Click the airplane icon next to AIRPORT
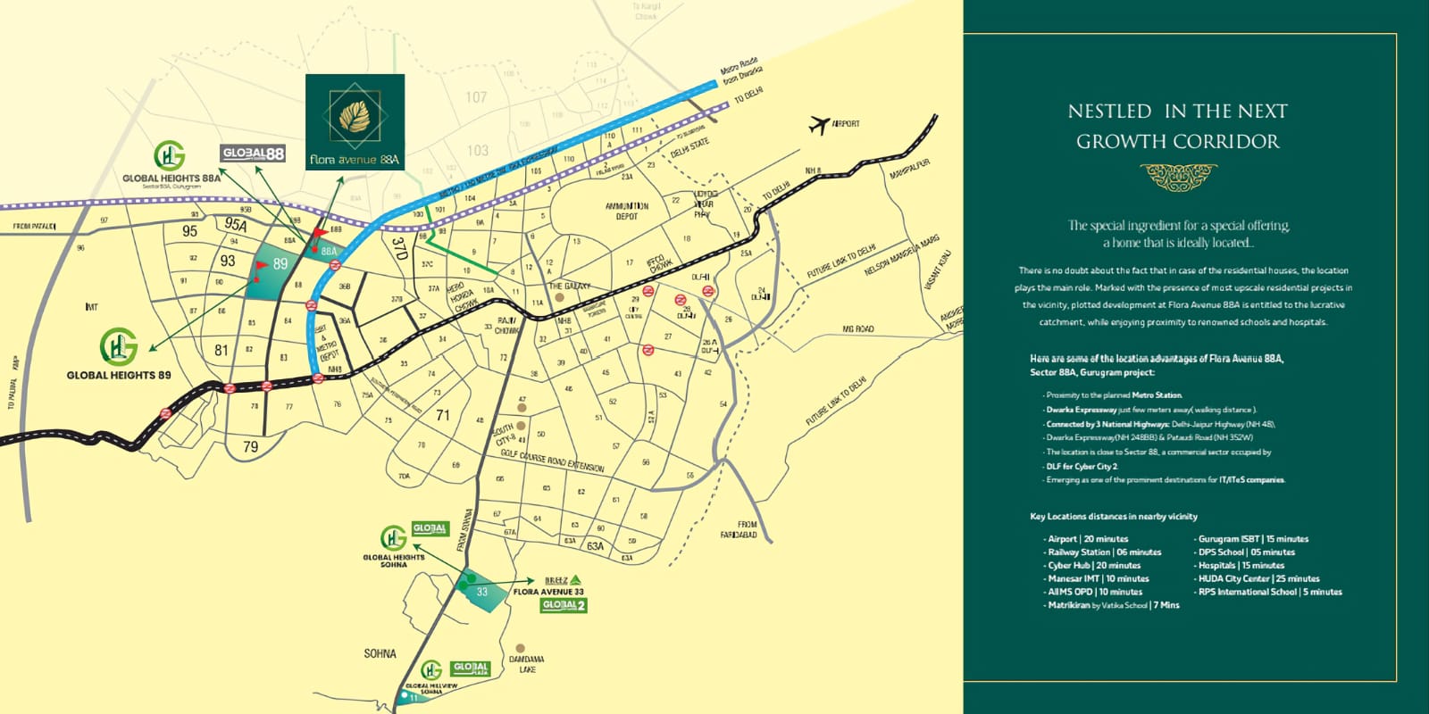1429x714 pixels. (819, 125)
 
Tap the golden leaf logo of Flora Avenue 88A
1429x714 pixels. (355, 117)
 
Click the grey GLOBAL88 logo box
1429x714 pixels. (253, 154)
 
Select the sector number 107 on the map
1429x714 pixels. (476, 96)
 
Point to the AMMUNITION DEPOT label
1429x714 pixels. (627, 211)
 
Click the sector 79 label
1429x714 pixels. (250, 446)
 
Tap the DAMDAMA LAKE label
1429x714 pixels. (527, 664)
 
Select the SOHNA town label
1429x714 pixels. (380, 653)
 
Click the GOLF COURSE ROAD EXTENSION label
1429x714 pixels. (552, 461)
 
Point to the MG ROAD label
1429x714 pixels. (858, 329)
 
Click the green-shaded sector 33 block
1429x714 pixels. (482, 591)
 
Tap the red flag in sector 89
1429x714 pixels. (261, 266)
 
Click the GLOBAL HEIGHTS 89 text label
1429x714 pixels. (119, 376)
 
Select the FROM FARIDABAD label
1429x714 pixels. (740, 529)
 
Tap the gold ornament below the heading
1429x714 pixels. (1178, 177)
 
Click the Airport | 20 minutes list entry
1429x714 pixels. (1088, 539)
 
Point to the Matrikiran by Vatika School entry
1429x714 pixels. (1113, 605)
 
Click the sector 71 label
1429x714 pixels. (443, 415)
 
